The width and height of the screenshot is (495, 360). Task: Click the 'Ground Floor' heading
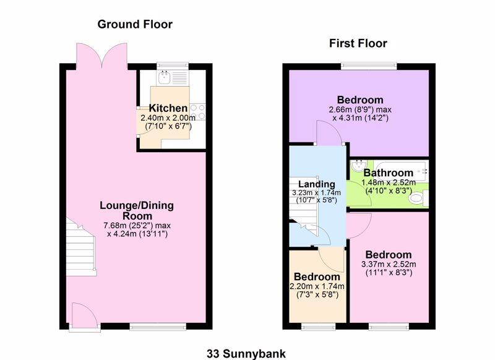tap(134, 25)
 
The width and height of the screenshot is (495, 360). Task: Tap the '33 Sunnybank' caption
tap(247, 353)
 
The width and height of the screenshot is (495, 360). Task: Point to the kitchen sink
tap(165, 77)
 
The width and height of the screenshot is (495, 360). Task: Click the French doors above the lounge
tap(103, 56)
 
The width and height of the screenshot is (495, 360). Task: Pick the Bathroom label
tap(388, 173)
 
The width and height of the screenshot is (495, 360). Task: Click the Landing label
tap(316, 184)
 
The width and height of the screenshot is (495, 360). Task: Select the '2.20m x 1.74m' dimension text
tap(317, 286)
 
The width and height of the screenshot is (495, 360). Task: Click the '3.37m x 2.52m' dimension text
tap(388, 265)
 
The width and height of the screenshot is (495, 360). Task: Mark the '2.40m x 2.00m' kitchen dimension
tap(168, 118)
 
